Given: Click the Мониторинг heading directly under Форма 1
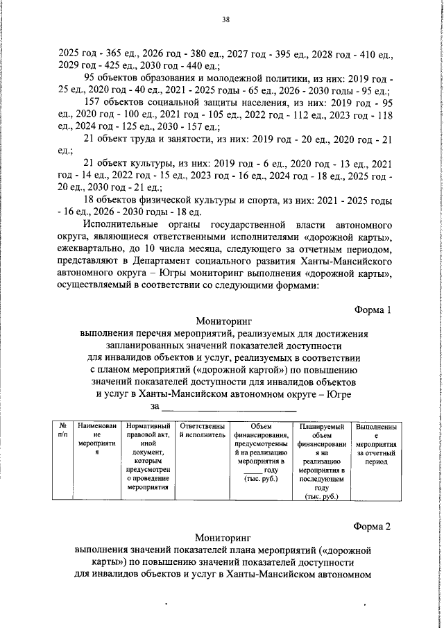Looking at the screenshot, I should coord(221,321).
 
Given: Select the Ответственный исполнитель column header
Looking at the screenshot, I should coord(202,429).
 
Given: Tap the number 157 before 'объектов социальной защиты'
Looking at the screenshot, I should coord(92,102).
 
